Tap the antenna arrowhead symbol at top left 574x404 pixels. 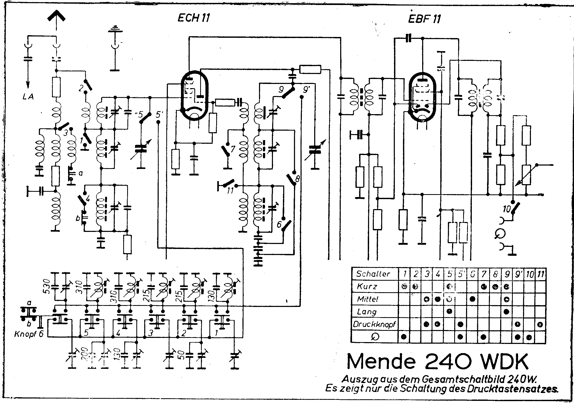point(56,16)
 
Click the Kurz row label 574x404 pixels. point(367,286)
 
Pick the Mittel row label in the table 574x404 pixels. point(368,299)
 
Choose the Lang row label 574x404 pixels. point(367,312)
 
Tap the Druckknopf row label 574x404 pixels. point(374,324)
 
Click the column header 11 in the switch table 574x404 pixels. point(540,274)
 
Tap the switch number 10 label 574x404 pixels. point(507,209)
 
